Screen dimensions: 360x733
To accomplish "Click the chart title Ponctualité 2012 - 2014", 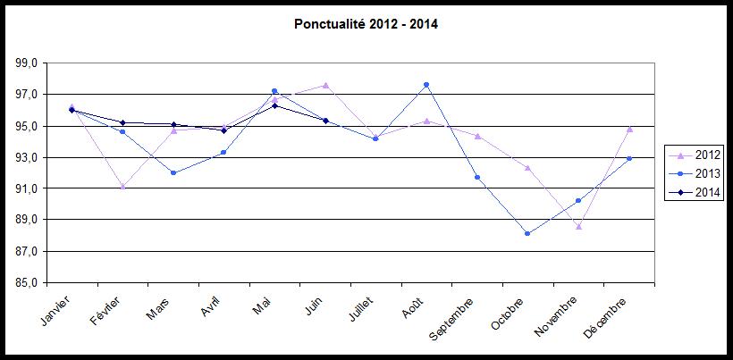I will [x=366, y=24].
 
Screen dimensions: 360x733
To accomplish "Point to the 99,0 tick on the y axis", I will [x=26, y=63].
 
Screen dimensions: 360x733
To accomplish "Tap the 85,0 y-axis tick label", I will [x=26, y=283].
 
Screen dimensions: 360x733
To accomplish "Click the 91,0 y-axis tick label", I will [x=26, y=188].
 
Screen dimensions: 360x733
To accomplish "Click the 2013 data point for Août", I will [x=426, y=85].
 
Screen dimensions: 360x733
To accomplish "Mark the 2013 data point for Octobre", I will [x=527, y=234].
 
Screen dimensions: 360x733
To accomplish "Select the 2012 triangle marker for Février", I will [x=122, y=187].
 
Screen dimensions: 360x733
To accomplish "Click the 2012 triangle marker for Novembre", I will [x=578, y=227].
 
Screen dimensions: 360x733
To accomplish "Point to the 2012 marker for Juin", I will [x=325, y=86].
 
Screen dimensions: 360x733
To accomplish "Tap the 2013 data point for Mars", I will [x=173, y=173].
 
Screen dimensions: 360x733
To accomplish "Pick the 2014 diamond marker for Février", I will [x=122, y=122].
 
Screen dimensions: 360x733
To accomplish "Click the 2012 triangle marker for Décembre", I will [x=629, y=129].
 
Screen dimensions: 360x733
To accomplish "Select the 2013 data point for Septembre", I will [x=477, y=177].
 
